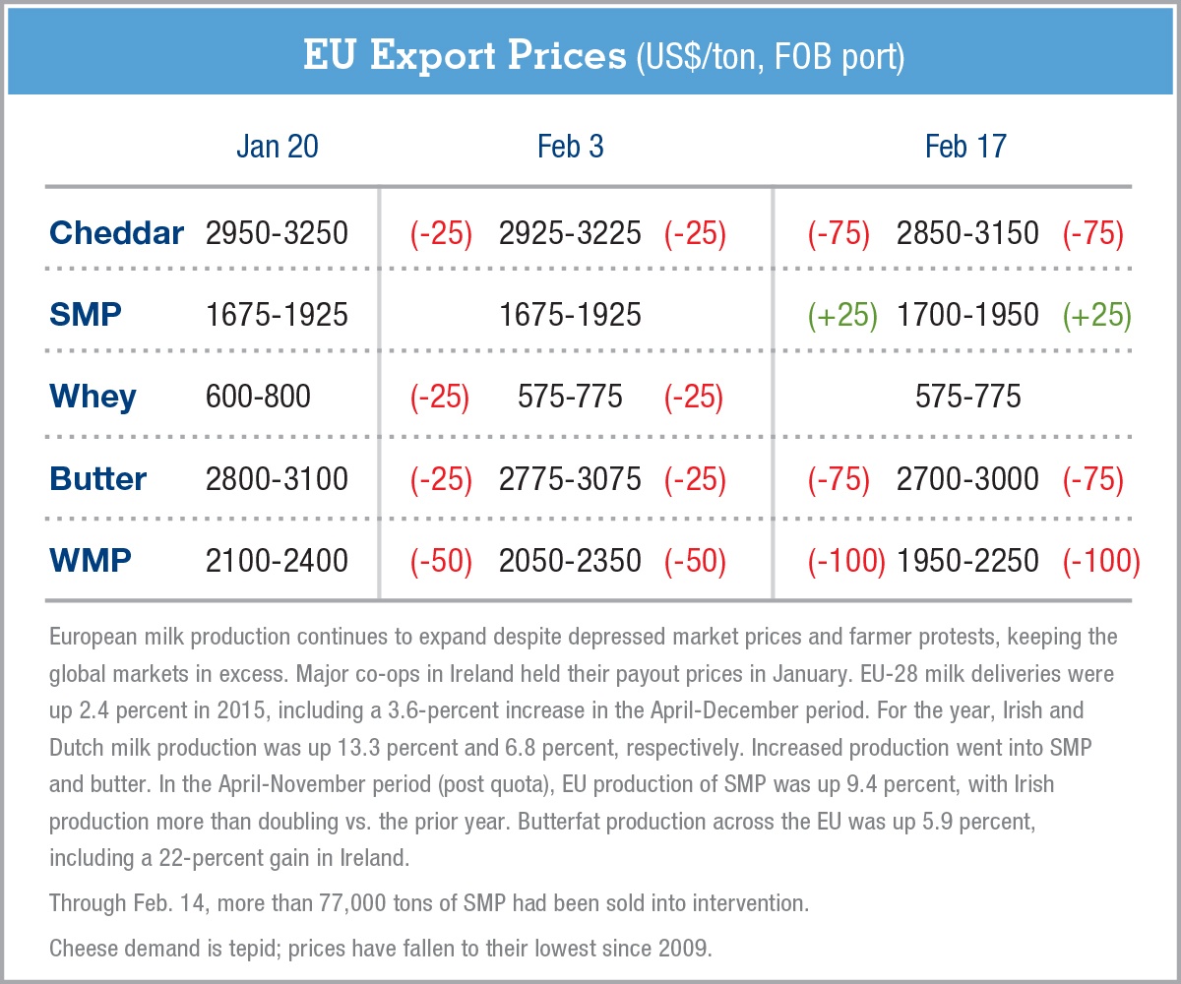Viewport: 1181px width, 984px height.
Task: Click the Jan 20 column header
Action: (x=277, y=147)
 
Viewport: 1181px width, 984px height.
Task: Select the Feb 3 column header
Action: (x=570, y=147)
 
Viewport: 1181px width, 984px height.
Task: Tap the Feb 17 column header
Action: (x=965, y=147)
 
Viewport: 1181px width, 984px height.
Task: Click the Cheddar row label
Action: (x=116, y=233)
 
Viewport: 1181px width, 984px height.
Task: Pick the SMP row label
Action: (x=86, y=315)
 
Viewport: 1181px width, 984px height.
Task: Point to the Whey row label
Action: (x=93, y=397)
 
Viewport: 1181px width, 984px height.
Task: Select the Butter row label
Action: (x=97, y=479)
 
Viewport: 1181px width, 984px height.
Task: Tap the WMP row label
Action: (x=90, y=561)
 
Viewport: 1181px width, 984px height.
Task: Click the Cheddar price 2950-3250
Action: (x=277, y=233)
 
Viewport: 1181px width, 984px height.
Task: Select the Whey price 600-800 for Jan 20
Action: (x=258, y=397)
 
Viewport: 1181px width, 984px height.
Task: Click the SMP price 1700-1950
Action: (x=967, y=315)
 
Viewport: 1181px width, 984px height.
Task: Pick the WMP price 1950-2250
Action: (x=967, y=561)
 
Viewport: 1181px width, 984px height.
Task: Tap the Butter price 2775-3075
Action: (x=570, y=479)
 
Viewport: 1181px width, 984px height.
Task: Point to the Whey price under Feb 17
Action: (x=967, y=397)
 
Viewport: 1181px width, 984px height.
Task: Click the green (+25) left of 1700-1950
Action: (x=841, y=315)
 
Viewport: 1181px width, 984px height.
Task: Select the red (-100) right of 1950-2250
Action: (x=1100, y=561)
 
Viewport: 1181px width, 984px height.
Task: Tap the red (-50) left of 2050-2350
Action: (x=441, y=561)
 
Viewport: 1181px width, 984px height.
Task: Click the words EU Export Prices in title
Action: (x=463, y=56)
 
